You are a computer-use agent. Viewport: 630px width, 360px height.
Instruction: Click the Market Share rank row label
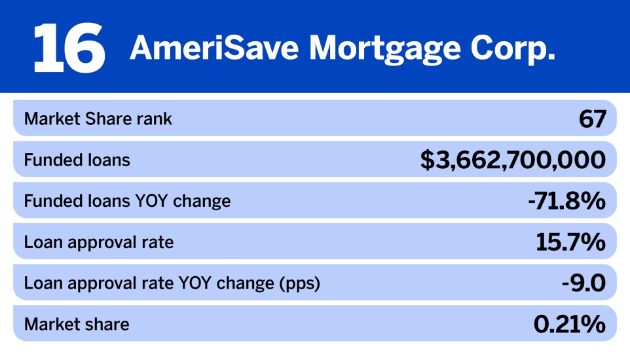click(98, 119)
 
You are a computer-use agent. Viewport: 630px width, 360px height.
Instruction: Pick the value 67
click(592, 119)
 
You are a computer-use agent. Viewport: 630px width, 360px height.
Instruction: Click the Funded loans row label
click(77, 160)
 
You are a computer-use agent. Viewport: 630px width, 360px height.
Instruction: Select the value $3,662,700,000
click(513, 160)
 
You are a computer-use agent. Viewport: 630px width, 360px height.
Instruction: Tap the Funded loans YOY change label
click(127, 201)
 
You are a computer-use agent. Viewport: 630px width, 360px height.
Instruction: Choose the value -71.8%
click(566, 201)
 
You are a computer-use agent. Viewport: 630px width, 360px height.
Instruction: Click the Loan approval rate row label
click(99, 242)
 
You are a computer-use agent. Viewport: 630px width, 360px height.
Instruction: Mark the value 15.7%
click(570, 242)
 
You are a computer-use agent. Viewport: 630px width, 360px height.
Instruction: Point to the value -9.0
click(584, 283)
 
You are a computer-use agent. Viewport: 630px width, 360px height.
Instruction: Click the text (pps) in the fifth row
click(301, 283)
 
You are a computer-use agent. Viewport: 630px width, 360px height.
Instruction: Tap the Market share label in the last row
click(77, 324)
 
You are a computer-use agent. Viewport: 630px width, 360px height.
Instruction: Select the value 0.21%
click(568, 324)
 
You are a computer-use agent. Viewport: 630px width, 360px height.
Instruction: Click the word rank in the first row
click(156, 119)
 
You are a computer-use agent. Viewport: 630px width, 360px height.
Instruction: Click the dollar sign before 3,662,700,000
click(428, 160)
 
